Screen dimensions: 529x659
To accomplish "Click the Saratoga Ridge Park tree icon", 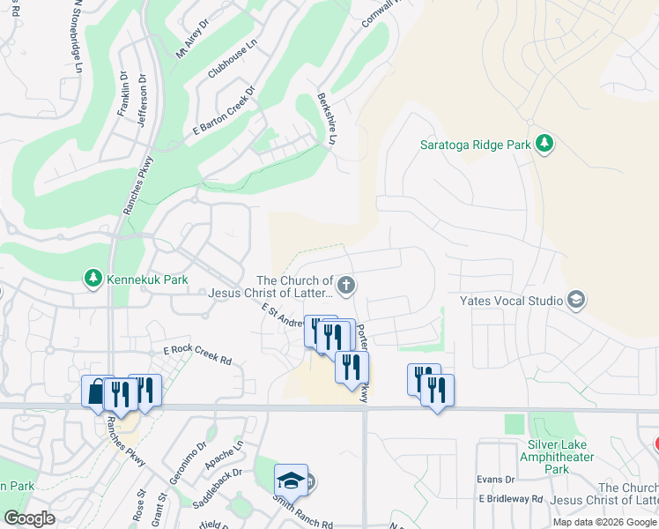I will [544, 143].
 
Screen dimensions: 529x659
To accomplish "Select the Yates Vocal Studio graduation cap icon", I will [576, 301].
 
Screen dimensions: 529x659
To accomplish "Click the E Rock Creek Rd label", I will [196, 354].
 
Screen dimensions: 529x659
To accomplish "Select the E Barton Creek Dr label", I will [224, 110].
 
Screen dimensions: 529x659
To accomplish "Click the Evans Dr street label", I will [496, 480].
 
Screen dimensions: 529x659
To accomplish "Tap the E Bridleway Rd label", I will [511, 498].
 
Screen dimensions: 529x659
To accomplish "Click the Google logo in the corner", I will [30, 518].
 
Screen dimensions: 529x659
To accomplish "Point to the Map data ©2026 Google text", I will [603, 522].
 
